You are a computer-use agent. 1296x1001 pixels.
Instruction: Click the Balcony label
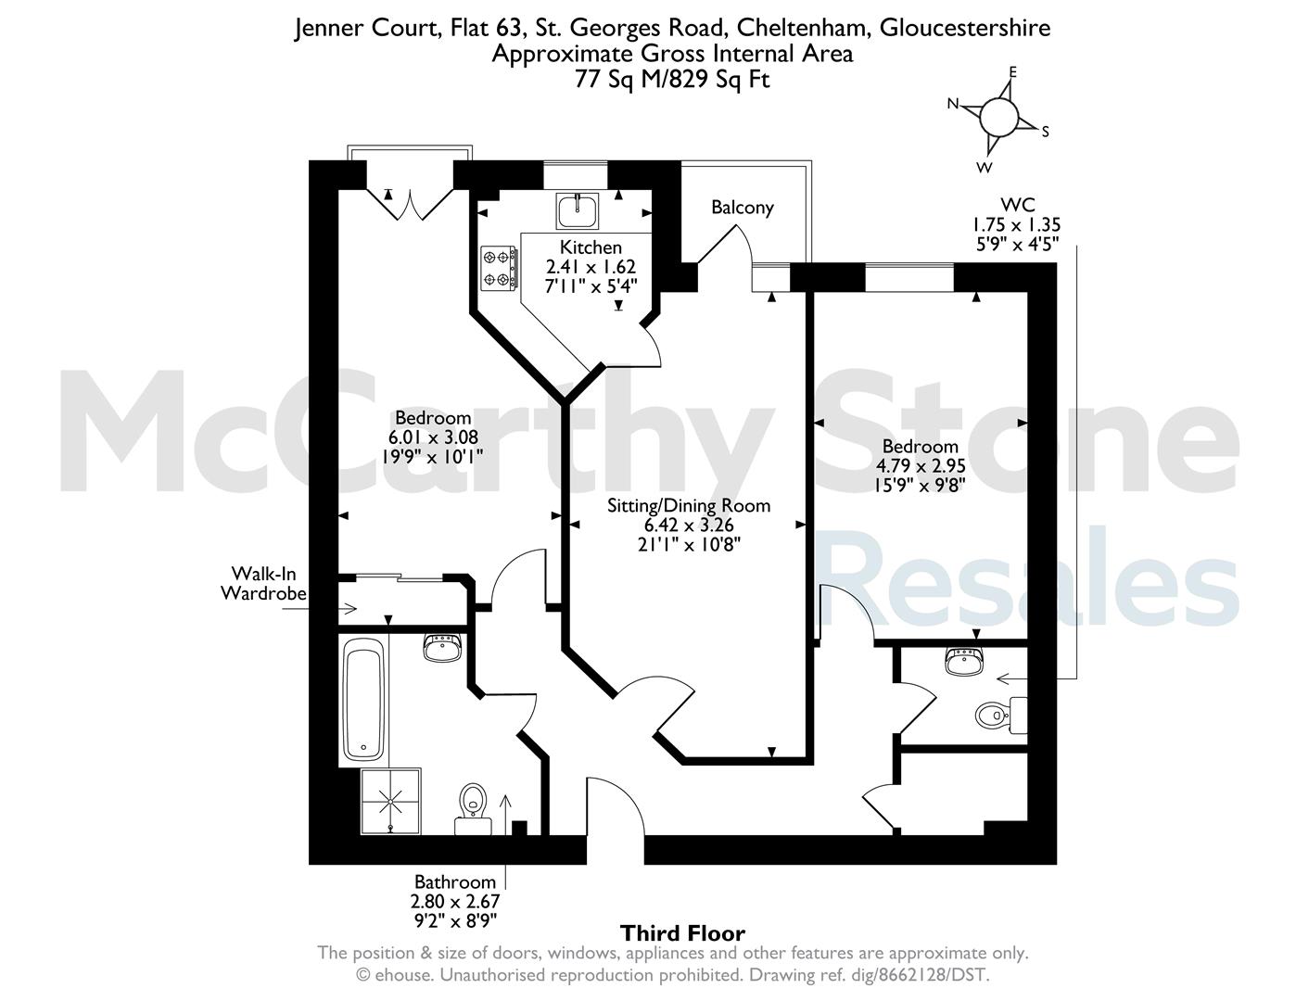pyautogui.click(x=742, y=208)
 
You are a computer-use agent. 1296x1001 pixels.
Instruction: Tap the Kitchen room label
pyautogui.click(x=591, y=247)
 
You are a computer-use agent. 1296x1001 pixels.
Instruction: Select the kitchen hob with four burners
pyautogui.click(x=499, y=268)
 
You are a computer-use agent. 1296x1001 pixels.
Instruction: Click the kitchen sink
pyautogui.click(x=578, y=210)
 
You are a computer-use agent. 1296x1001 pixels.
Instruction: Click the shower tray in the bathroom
pyautogui.click(x=390, y=802)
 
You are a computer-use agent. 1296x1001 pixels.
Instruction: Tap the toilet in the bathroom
pyautogui.click(x=474, y=809)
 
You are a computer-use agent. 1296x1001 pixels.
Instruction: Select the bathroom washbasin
pyautogui.click(x=442, y=648)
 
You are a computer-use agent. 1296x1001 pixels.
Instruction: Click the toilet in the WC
pyautogui.click(x=1001, y=715)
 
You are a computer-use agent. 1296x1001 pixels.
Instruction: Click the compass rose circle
pyautogui.click(x=998, y=117)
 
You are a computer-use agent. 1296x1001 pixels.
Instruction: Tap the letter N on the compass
pyautogui.click(x=952, y=104)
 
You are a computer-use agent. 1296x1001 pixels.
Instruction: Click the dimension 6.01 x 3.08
pyautogui.click(x=434, y=437)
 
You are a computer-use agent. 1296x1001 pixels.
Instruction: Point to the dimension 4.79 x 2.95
pyautogui.click(x=921, y=465)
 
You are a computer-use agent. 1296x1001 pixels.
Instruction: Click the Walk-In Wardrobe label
pyautogui.click(x=263, y=584)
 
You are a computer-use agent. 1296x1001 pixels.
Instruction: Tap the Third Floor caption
pyautogui.click(x=682, y=932)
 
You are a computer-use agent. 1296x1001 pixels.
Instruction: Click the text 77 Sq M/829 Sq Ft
pyautogui.click(x=672, y=80)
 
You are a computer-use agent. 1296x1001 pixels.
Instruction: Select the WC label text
pyautogui.click(x=1018, y=205)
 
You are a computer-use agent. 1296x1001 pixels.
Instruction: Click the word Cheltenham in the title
pyautogui.click(x=803, y=28)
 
